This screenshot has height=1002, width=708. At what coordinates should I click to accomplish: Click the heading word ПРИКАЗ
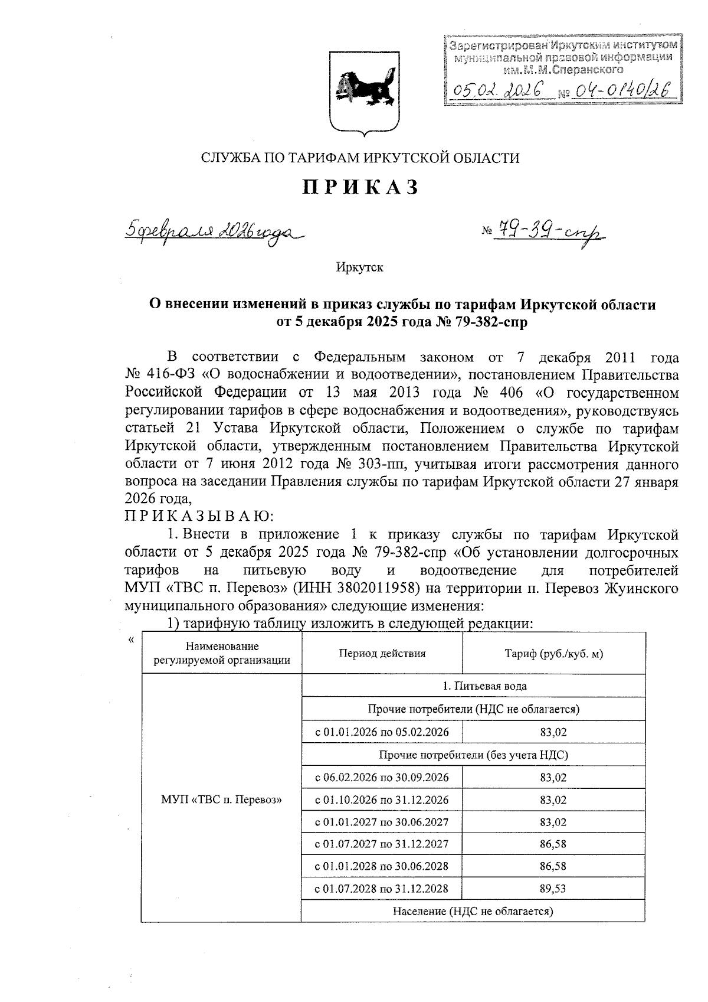point(360,187)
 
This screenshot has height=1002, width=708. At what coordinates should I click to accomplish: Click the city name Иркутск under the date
point(359,267)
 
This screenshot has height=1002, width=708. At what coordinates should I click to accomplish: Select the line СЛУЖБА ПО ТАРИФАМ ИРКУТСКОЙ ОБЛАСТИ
point(360,158)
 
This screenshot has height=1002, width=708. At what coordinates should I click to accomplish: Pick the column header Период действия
point(382,654)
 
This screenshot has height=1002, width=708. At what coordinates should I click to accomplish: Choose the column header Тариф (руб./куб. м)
point(553,654)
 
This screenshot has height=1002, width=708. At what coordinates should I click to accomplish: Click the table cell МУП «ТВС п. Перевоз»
point(221,800)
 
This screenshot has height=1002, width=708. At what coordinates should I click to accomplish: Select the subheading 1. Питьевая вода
point(473,686)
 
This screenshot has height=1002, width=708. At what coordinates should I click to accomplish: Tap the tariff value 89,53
point(553,889)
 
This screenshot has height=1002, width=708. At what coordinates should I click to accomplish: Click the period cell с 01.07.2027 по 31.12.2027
point(381,844)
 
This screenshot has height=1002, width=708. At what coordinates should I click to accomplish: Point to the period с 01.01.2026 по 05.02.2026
point(381,732)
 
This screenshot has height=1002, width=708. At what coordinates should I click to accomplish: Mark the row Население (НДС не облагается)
point(473,911)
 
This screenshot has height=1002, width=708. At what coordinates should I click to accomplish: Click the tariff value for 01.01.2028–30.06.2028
point(553,866)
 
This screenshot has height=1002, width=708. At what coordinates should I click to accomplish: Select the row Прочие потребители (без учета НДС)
point(473,755)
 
